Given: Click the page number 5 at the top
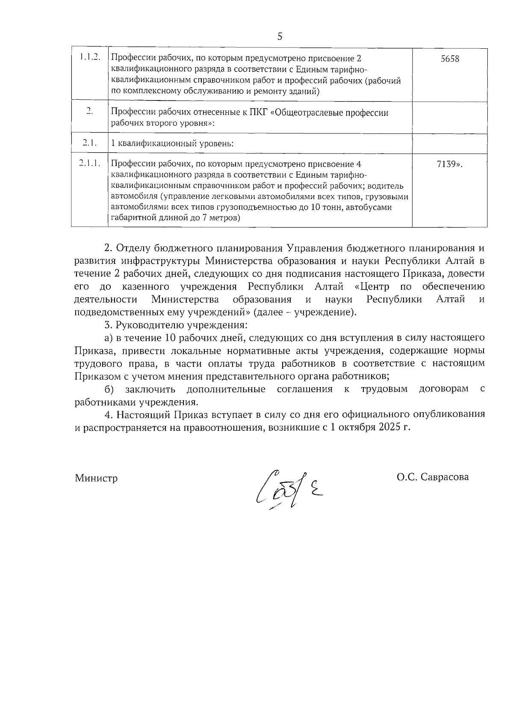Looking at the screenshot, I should tap(280, 36).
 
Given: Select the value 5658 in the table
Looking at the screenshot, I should tap(450, 59).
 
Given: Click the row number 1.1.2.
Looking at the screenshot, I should tap(90, 57).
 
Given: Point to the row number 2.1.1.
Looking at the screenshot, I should tap(90, 163).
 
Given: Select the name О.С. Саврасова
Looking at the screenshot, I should tap(432, 477).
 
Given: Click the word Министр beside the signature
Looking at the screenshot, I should tap(96, 478).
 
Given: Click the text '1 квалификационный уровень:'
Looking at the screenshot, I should tap(172, 144).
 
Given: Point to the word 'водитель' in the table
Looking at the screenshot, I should tap(387, 186).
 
